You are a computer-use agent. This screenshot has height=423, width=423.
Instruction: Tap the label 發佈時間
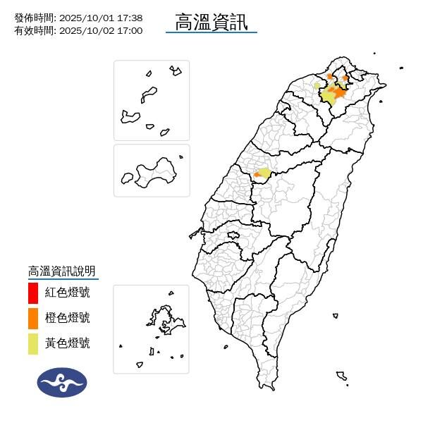[34, 18]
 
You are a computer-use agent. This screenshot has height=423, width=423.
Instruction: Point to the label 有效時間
[34, 30]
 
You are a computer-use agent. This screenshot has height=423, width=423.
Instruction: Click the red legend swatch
[33, 292]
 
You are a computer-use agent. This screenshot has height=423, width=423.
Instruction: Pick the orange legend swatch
[33, 318]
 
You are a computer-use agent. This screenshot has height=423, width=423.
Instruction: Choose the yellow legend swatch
[33, 343]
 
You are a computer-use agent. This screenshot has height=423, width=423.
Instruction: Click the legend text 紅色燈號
[68, 292]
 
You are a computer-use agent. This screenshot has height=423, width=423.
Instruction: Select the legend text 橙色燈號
[68, 318]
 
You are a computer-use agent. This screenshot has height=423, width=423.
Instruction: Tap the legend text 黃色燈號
[68, 343]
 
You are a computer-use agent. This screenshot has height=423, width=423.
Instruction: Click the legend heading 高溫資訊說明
[61, 271]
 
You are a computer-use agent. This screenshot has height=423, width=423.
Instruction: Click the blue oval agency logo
[62, 382]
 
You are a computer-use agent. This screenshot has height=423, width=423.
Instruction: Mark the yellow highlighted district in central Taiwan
[264, 173]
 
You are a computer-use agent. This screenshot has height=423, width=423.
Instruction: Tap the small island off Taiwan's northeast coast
[401, 68]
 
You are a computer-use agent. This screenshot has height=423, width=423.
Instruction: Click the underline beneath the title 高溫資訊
[211, 32]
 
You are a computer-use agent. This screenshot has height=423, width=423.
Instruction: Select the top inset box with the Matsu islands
[152, 100]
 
